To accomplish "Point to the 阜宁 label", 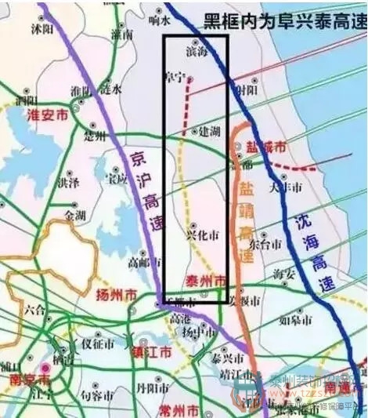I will click(x=175, y=77).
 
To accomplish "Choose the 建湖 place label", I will click(x=209, y=131).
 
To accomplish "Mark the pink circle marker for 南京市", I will click(x=45, y=366).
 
